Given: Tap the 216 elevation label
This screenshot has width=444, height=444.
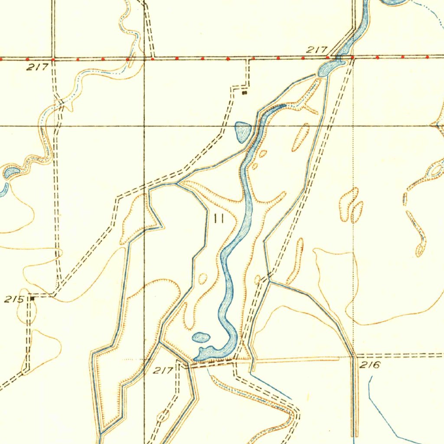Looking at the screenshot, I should tap(370, 365).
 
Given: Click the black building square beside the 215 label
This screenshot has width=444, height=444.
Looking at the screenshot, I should tap(32, 298).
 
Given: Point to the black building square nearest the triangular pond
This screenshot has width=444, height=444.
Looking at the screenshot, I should tap(244, 92).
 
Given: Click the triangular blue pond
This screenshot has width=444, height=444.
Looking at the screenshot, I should tap(242, 131).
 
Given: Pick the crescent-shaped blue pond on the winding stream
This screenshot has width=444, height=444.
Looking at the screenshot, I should tap(10, 173).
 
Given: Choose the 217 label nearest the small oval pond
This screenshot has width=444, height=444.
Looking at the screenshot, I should tap(163, 370).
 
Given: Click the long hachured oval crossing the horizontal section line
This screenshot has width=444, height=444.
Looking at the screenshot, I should tap(300, 137).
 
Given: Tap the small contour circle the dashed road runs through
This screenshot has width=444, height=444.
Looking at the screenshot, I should tap(163, 416).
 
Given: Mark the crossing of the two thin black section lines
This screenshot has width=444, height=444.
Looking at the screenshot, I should tap(144, 126).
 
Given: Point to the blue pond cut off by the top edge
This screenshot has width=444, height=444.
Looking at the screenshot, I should tap(395, 2).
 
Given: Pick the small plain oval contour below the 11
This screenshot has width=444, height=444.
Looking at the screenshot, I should tap(203, 279).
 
